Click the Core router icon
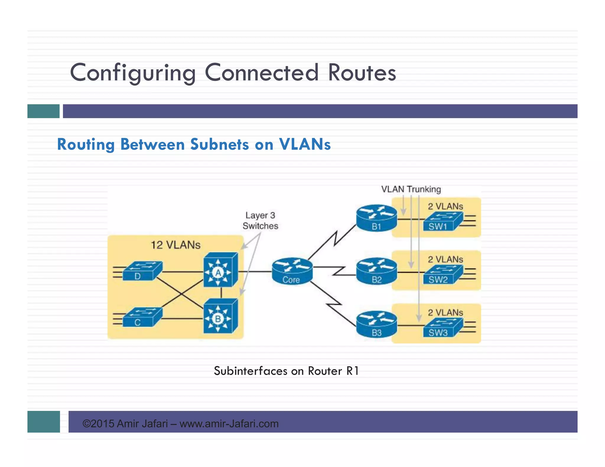pyautogui.click(x=292, y=271)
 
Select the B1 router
pyautogui.click(x=376, y=218)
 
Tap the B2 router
pyautogui.click(x=376, y=271)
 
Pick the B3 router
pyautogui.click(x=376, y=324)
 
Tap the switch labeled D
pyautogui.click(x=142, y=271)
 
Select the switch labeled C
pyautogui.click(x=142, y=317)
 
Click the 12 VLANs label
pyautogui.click(x=175, y=245)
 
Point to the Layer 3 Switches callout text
pyautogui.click(x=260, y=221)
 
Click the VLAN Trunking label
pyautogui.click(x=411, y=189)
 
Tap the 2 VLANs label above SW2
pyautogui.click(x=445, y=259)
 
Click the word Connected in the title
pyautogui.click(x=262, y=73)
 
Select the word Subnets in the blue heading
pyautogui.click(x=219, y=144)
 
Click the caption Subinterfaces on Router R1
pyautogui.click(x=286, y=371)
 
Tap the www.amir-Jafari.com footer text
pyautogui.click(x=229, y=424)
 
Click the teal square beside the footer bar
pyautogui.click(x=43, y=422)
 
